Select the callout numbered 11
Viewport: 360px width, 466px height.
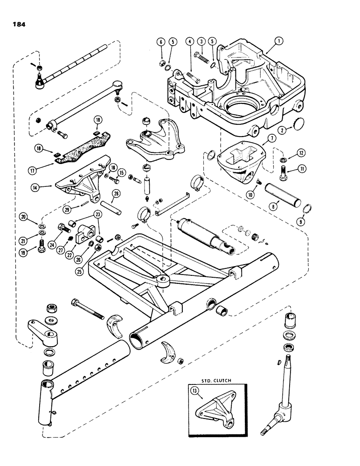click(x=292, y=170)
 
